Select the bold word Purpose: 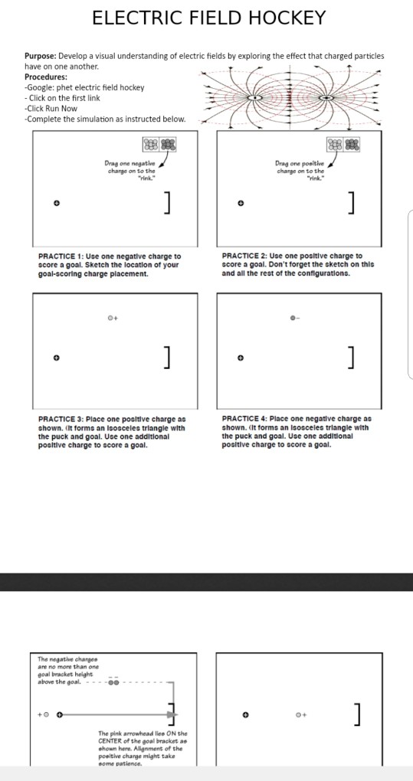pyautogui.click(x=41, y=56)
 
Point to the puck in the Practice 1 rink pyautogui.click(x=56, y=203)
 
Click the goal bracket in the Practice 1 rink pyautogui.click(x=169, y=203)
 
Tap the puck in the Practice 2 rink pyautogui.click(x=241, y=203)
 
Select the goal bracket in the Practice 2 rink pyautogui.click(x=352, y=203)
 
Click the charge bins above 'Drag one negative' pyautogui.click(x=159, y=145)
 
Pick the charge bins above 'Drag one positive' pyautogui.click(x=343, y=145)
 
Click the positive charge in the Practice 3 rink pyautogui.click(x=110, y=317)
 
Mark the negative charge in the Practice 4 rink pyautogui.click(x=293, y=317)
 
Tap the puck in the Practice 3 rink pyautogui.click(x=56, y=358)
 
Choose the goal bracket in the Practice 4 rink pyautogui.click(x=352, y=358)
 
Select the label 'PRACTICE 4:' pyautogui.click(x=244, y=419)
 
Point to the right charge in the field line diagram pyautogui.click(x=326, y=98)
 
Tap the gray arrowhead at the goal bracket pyautogui.click(x=172, y=714)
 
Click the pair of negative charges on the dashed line pyautogui.click(x=114, y=682)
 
